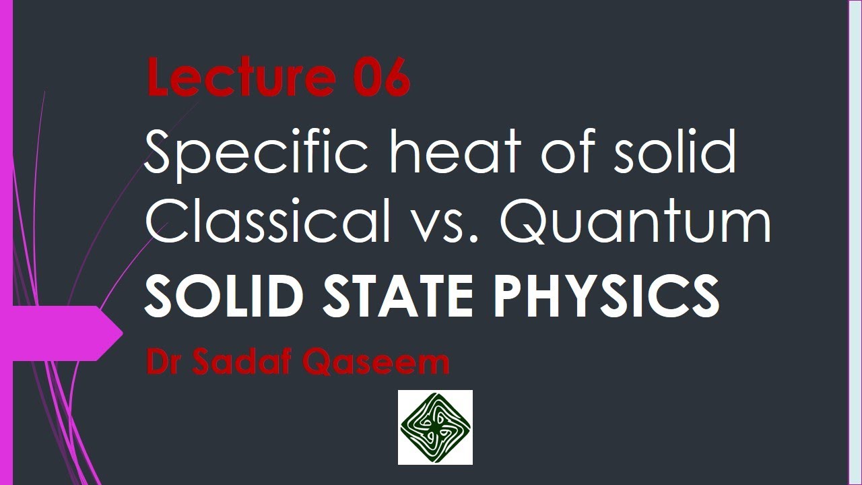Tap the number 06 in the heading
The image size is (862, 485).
pos(381,79)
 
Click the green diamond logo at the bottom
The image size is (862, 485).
pos(435,428)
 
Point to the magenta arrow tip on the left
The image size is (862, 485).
pos(114,333)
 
